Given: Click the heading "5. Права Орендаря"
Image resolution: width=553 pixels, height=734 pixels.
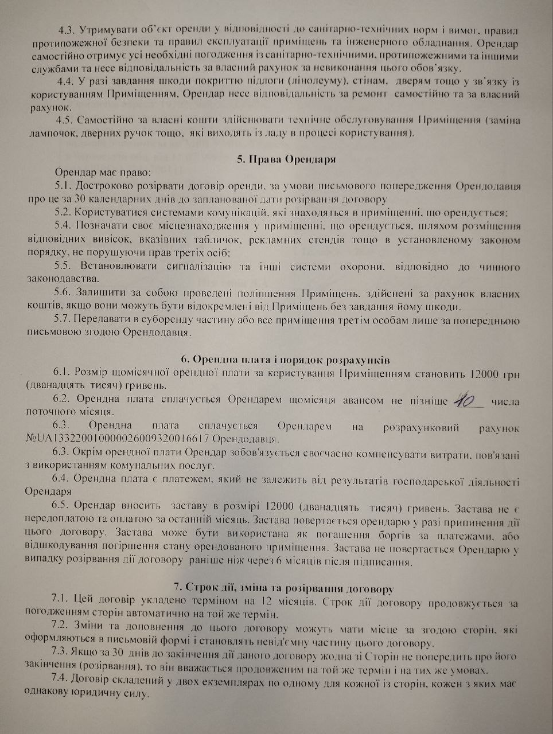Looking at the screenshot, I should click(x=286, y=159).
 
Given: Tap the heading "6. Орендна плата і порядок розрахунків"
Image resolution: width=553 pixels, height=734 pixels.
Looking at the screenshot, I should click(x=285, y=360).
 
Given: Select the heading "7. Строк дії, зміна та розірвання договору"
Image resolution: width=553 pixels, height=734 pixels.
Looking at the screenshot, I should click(x=284, y=588).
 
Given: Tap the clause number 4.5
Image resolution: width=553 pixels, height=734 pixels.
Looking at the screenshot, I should click(x=65, y=120).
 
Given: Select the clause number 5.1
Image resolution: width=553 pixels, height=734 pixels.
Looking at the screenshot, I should click(x=63, y=186).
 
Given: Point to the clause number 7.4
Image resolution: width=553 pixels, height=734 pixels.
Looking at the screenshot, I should click(x=61, y=683).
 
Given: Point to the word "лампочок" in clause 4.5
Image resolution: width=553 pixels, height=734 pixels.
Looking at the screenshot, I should click(x=48, y=133).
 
